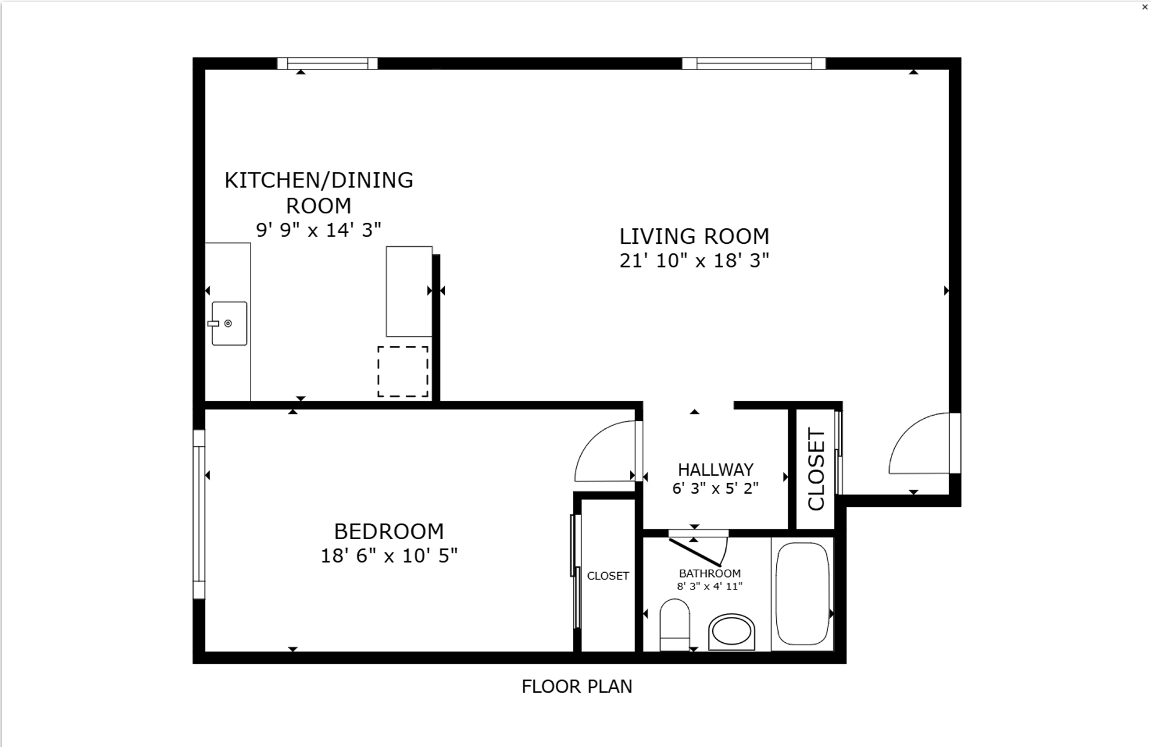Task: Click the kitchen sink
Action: click(x=229, y=323)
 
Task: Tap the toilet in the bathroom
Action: click(x=674, y=627)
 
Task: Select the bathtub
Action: click(x=802, y=594)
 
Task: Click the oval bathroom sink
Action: click(x=731, y=632)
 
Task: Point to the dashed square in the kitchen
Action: click(x=403, y=371)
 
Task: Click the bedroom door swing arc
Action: click(x=602, y=451)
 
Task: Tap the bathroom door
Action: click(x=695, y=551)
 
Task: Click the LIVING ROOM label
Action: click(x=694, y=236)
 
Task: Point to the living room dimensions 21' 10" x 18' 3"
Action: click(x=694, y=261)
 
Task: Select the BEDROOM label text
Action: click(x=388, y=531)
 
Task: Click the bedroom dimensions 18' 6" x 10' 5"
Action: click(x=388, y=556)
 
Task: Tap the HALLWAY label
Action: click(x=715, y=469)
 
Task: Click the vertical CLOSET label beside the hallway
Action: click(x=816, y=469)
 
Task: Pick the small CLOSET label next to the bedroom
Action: click(x=608, y=576)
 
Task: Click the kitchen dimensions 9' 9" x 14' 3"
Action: click(x=318, y=229)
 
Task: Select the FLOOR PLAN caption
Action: click(x=577, y=686)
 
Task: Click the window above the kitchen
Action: click(x=327, y=63)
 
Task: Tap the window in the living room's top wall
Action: click(x=754, y=63)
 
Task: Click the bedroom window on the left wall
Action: click(x=198, y=514)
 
